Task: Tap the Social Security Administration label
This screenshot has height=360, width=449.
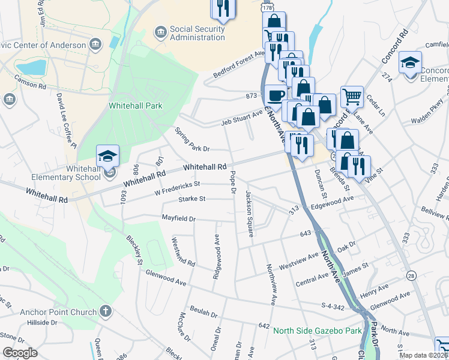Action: pyautogui.click(x=197, y=33)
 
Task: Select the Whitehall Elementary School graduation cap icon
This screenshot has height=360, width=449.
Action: pyautogui.click(x=108, y=156)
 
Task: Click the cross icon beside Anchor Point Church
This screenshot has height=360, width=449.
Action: pyautogui.click(x=105, y=311)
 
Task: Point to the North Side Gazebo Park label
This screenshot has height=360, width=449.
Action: pyautogui.click(x=317, y=331)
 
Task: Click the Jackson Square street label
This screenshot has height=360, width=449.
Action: pyautogui.click(x=248, y=213)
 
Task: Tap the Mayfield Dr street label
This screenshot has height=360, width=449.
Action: pyautogui.click(x=179, y=218)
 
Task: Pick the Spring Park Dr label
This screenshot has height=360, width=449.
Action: pyautogui.click(x=191, y=140)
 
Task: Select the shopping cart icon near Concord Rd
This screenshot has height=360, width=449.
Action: pyautogui.click(x=352, y=96)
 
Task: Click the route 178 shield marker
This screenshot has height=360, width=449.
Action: pyautogui.click(x=267, y=6)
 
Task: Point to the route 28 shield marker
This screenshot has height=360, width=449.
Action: pyautogui.click(x=411, y=275)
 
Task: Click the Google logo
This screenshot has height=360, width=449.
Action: pyautogui.click(x=20, y=352)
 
